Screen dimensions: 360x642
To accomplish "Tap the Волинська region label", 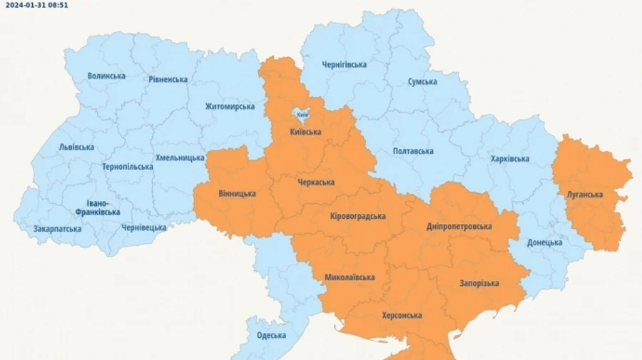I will click(106, 76).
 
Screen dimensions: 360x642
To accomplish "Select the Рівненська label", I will click(169, 80).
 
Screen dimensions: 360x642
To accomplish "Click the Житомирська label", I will click(230, 107).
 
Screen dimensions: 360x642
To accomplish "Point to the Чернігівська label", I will click(344, 65).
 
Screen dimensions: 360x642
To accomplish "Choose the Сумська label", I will click(422, 82).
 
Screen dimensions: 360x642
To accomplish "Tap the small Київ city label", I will click(302, 114).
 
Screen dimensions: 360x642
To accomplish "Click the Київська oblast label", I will click(305, 132).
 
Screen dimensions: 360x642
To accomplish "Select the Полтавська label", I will click(413, 151).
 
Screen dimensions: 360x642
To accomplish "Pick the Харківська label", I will click(510, 158).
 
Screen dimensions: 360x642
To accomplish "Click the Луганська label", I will click(585, 195).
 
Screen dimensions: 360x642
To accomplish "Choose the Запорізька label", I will click(479, 283).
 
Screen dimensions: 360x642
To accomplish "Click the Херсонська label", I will click(402, 315).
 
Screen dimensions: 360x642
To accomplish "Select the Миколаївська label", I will click(350, 277).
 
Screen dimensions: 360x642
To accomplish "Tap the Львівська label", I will click(76, 147).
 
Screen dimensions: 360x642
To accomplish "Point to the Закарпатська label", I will click(57, 229).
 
